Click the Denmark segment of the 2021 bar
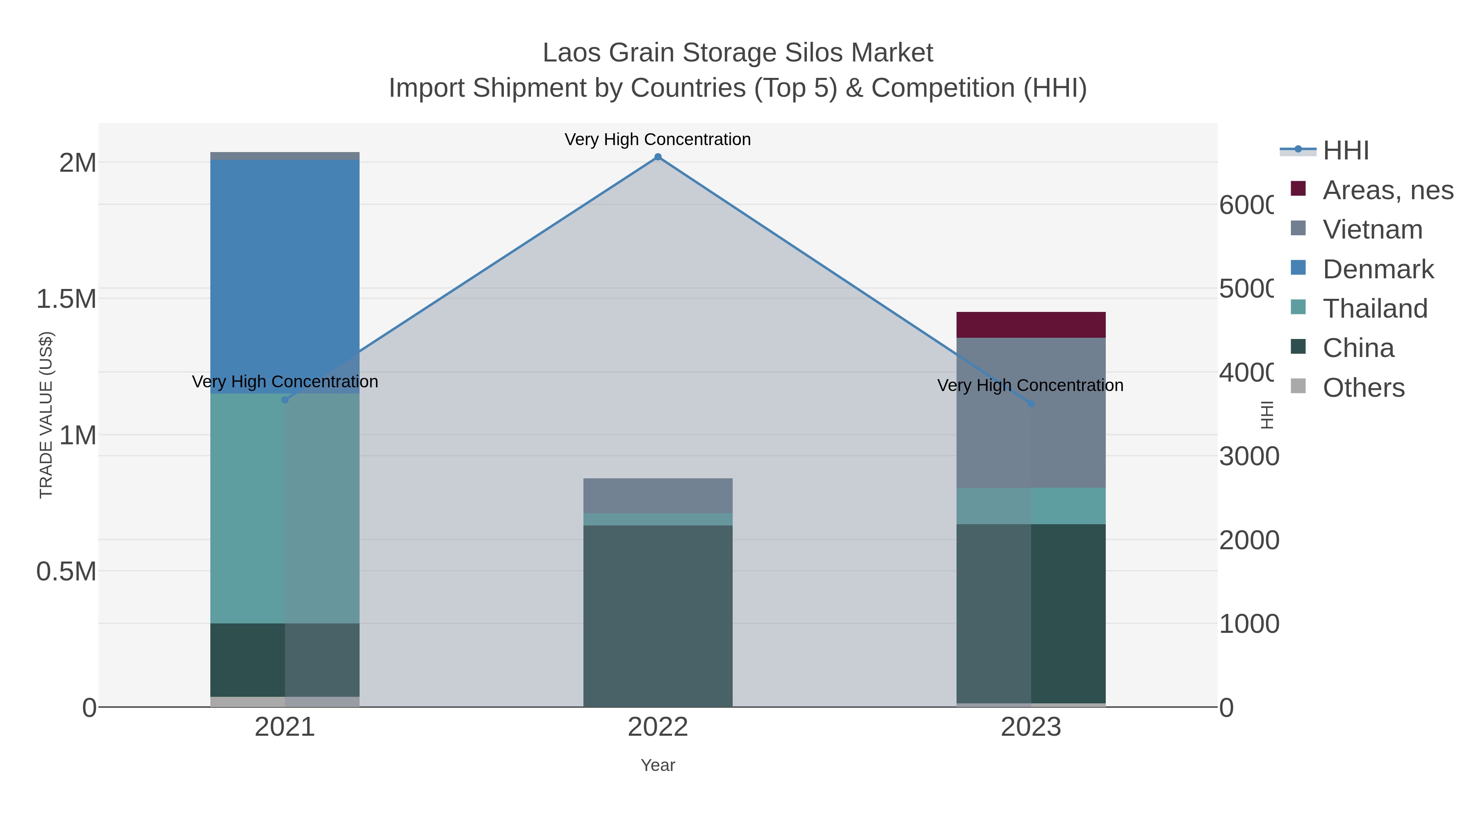285,275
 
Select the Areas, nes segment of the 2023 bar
1030,325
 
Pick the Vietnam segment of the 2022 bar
657,496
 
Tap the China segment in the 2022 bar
657,616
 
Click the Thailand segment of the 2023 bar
1030,506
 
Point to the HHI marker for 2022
658,157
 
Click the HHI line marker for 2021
285,400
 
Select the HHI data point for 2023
1031,404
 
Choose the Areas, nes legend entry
1387,190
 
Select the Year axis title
657,765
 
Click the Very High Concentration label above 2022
657,139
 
